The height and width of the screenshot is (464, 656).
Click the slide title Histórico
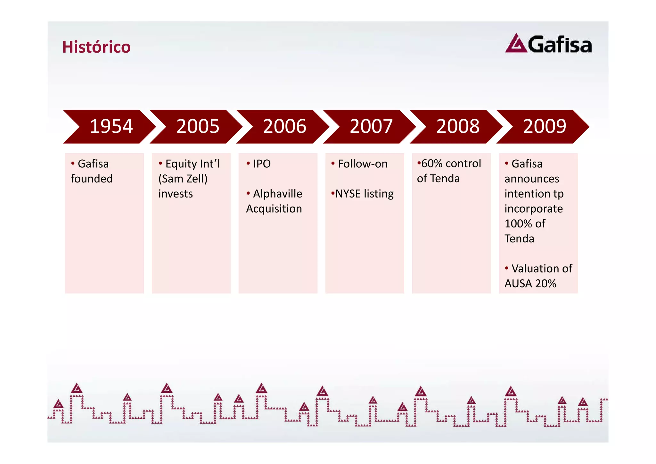click(96, 47)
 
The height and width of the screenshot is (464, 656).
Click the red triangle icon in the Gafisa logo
click(516, 44)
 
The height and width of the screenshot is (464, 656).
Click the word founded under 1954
click(92, 179)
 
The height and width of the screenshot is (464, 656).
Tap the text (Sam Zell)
click(183, 179)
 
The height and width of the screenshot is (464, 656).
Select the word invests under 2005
click(176, 194)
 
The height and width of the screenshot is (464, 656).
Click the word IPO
click(262, 164)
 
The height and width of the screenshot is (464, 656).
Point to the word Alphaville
click(277, 194)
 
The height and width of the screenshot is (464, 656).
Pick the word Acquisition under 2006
click(274, 209)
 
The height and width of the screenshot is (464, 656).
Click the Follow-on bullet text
click(363, 164)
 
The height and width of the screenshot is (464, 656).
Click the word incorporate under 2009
click(534, 209)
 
